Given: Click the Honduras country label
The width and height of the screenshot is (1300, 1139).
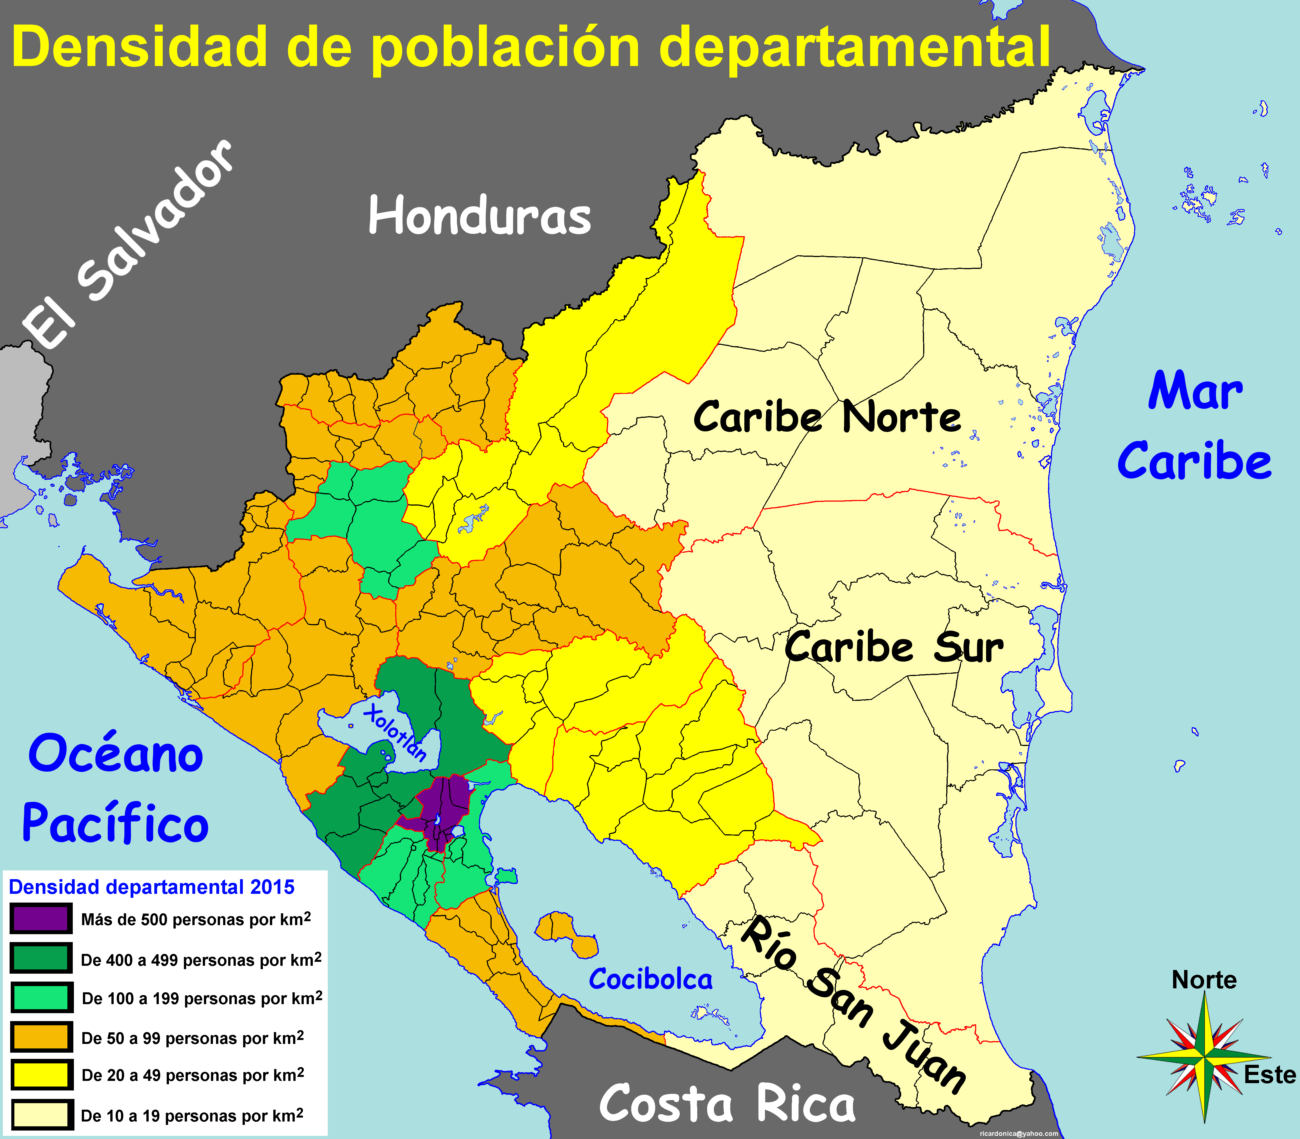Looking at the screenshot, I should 480,216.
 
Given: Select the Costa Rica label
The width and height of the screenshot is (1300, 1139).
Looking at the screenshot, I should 727,1104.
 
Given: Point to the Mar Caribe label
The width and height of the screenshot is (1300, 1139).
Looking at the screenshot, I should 1195,426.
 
